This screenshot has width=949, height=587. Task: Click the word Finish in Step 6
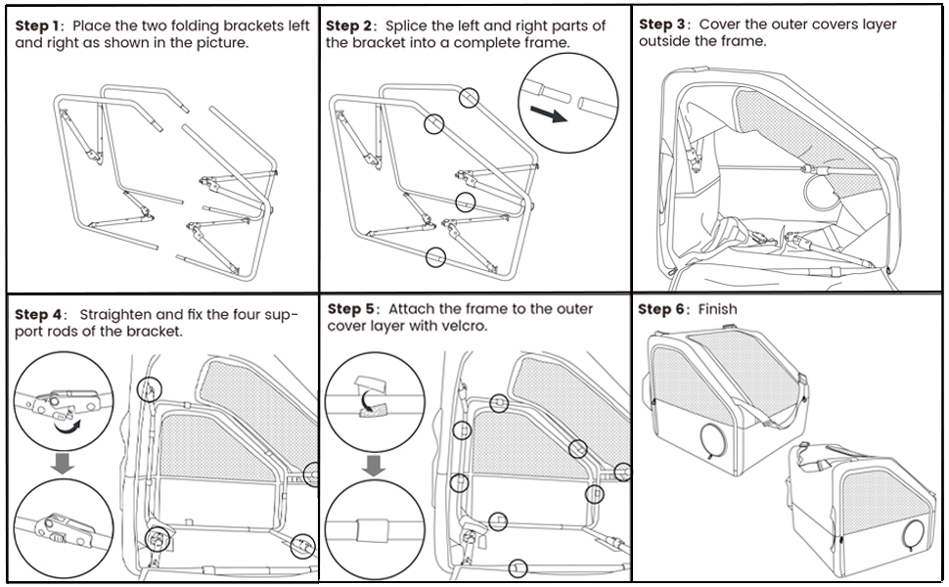point(717,309)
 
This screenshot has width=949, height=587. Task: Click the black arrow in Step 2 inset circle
point(554,116)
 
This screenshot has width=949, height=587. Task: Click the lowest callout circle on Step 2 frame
point(435,257)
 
